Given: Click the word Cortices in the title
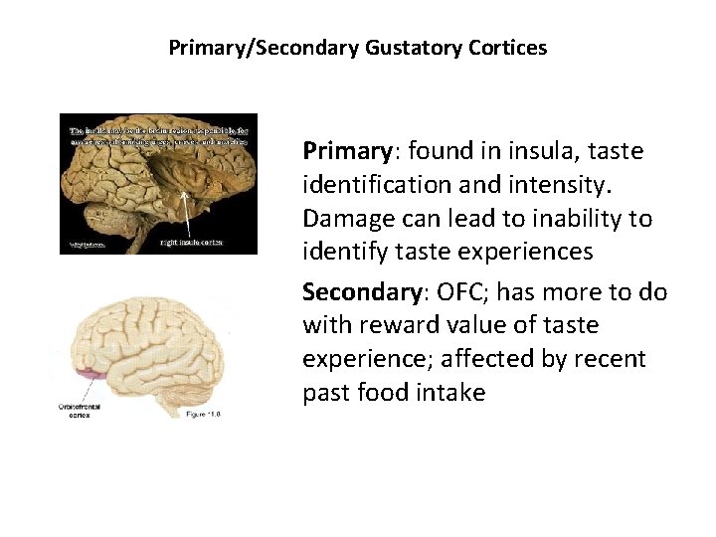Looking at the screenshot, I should click(512, 48).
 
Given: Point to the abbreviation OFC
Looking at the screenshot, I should click(450, 293).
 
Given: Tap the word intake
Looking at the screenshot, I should click(452, 393).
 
